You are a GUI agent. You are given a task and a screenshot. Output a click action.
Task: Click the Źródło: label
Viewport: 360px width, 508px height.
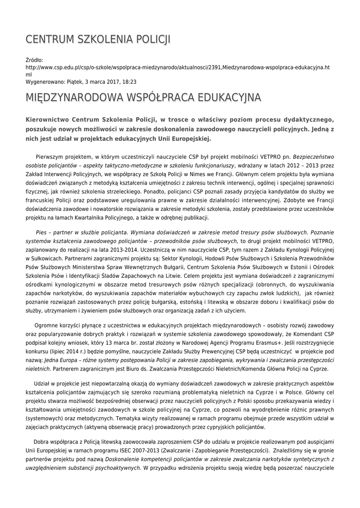pyautogui.click(x=35, y=60)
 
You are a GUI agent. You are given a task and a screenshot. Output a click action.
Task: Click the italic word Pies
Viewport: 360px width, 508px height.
pyautogui.click(x=41, y=232)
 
